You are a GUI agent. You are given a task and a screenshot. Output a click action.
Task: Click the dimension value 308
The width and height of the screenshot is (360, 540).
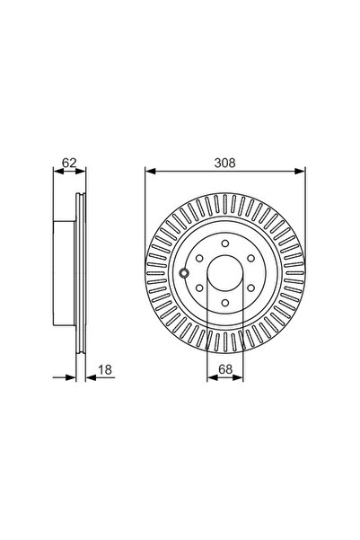point(224,163)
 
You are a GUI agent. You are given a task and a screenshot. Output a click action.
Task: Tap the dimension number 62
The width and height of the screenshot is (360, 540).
point(69,163)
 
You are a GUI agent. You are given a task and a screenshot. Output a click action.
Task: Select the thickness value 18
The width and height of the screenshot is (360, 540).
point(105,370)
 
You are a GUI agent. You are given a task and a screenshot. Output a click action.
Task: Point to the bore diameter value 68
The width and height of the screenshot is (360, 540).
point(225,369)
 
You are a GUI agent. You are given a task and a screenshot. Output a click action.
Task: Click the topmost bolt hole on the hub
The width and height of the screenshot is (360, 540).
point(225,243)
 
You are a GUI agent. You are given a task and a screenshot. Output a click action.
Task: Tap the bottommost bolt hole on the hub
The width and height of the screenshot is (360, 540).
point(225,303)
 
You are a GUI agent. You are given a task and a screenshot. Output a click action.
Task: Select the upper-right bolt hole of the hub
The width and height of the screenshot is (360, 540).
point(250,258)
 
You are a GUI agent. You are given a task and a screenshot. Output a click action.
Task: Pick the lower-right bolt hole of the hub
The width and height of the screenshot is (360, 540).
point(250,288)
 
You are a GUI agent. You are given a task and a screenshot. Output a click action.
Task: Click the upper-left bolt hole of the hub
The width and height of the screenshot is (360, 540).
point(199,258)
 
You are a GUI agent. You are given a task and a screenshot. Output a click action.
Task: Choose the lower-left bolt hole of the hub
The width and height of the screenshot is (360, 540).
point(199,288)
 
